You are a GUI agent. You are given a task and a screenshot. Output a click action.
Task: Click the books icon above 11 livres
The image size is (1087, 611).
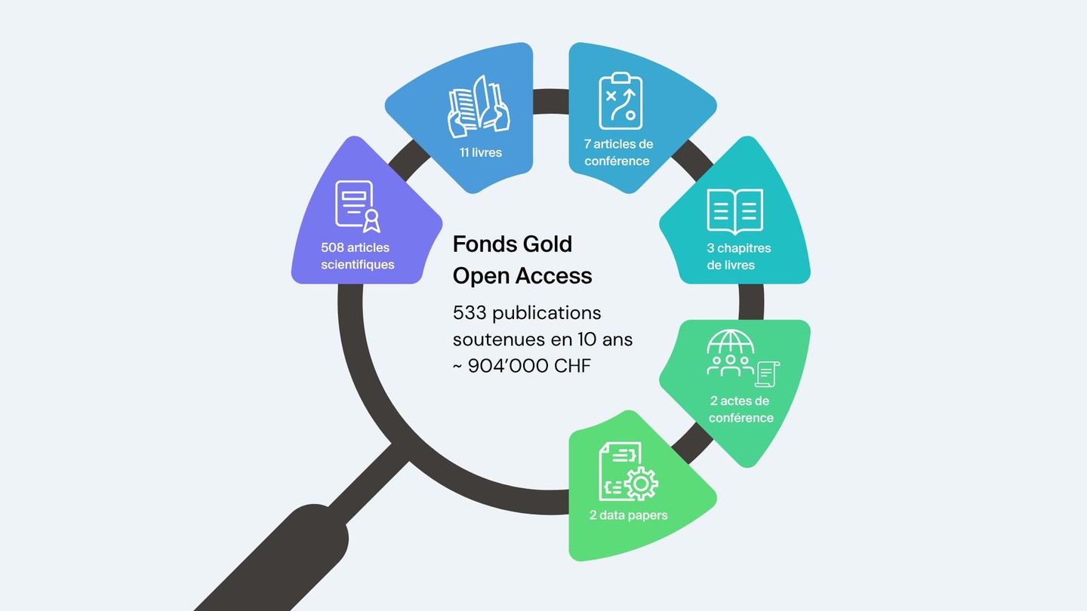(x=479, y=106)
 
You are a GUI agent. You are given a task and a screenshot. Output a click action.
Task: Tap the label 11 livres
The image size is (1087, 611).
(x=481, y=152)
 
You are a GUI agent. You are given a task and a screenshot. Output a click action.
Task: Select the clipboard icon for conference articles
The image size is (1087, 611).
(x=621, y=101)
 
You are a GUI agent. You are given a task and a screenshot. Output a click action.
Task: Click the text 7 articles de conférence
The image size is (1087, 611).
(x=618, y=152)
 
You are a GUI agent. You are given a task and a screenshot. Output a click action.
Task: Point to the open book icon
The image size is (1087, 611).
(x=734, y=210)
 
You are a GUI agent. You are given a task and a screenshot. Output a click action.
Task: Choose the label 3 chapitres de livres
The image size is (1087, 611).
(x=738, y=256)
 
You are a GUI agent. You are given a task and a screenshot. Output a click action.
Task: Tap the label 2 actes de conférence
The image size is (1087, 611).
(x=741, y=410)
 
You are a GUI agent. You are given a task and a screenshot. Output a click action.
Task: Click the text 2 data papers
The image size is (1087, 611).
(x=628, y=516)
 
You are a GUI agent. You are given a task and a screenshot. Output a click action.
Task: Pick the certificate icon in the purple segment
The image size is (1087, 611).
(x=357, y=205)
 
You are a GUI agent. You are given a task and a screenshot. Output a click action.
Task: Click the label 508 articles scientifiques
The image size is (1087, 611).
(x=357, y=256)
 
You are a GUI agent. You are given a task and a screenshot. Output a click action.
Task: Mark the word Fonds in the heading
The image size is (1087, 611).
(x=478, y=244)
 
